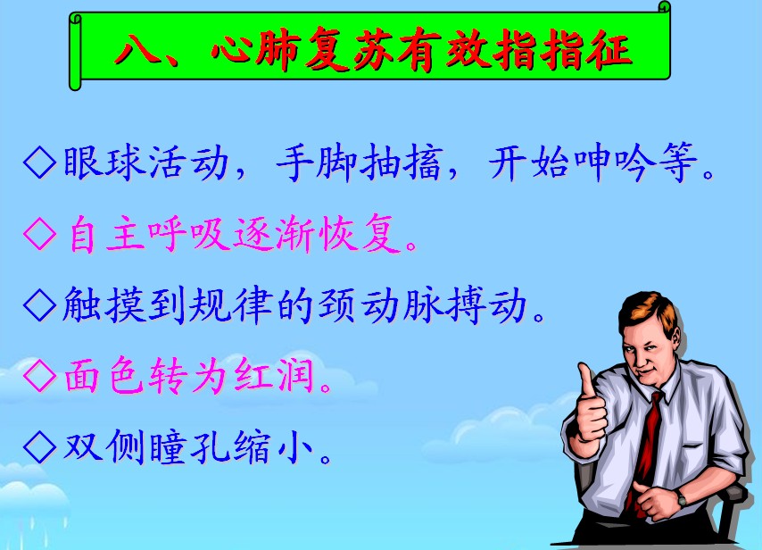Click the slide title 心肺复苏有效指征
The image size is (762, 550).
421,50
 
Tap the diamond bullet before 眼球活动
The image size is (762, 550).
39,162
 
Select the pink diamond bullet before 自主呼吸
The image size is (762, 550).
39,234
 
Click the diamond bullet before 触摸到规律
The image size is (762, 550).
39,304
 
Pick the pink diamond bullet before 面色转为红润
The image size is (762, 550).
39,376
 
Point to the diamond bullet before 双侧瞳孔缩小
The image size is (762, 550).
39,447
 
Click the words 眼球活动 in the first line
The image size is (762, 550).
145,162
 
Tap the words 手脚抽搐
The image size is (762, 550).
359,162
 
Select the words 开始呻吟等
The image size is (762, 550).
592,162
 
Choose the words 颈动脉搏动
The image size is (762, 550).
423,304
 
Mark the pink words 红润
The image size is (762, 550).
274,376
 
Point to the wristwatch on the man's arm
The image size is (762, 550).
682,498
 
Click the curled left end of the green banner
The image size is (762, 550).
75,52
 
